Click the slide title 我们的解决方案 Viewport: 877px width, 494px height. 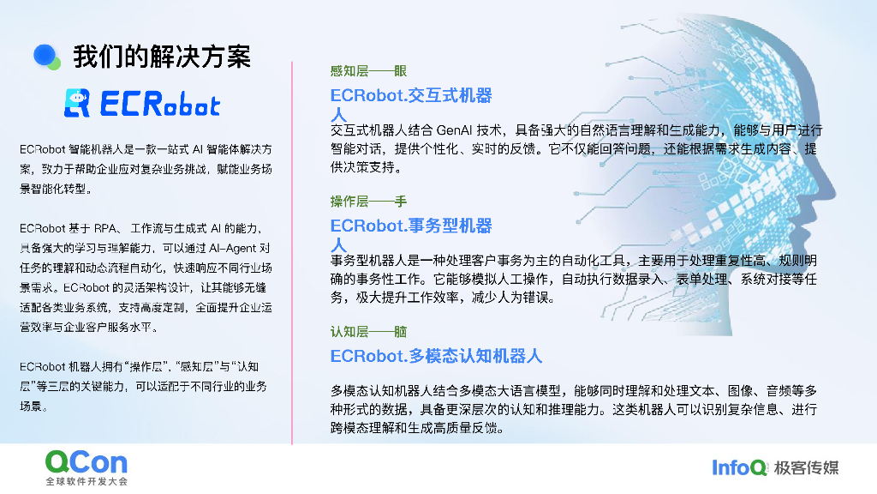coord(162,57)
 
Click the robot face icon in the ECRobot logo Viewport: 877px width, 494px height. coord(77,103)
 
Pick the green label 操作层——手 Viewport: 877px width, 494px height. coord(369,202)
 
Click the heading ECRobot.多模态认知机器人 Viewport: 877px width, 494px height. coord(436,355)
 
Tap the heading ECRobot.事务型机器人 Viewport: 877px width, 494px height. coord(411,226)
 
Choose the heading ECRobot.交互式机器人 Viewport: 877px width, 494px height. coord(411,96)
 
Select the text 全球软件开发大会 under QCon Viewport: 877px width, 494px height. coord(87,482)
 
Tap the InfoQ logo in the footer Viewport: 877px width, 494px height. coord(738,467)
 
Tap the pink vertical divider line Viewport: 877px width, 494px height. coord(293,249)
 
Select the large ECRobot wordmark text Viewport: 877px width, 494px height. coord(159,105)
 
